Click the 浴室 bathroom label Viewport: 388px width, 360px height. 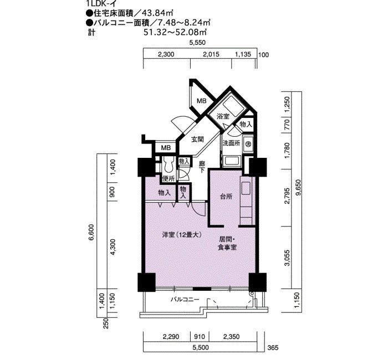click(x=223, y=116)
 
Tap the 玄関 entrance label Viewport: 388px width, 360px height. click(x=197, y=140)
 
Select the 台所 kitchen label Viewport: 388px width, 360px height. click(x=226, y=197)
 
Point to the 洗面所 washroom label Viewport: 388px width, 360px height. click(x=231, y=143)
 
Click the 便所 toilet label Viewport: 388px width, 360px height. click(x=169, y=178)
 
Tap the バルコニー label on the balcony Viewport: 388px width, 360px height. click(x=185, y=300)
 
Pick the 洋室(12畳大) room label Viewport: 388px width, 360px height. click(x=182, y=235)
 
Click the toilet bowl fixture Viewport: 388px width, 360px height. click(x=169, y=166)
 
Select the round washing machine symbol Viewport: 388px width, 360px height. click(x=248, y=143)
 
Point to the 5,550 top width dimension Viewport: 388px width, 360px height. click(x=197, y=43)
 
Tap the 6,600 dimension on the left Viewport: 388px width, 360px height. click(x=92, y=232)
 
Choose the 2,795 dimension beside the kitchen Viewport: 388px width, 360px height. click(x=287, y=196)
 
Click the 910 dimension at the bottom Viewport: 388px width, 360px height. click(x=200, y=337)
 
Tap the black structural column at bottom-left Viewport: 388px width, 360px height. click(x=146, y=282)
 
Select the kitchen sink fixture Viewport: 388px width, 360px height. click(x=246, y=188)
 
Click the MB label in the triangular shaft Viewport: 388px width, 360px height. click(x=202, y=101)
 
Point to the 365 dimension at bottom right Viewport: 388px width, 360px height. click(x=273, y=348)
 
